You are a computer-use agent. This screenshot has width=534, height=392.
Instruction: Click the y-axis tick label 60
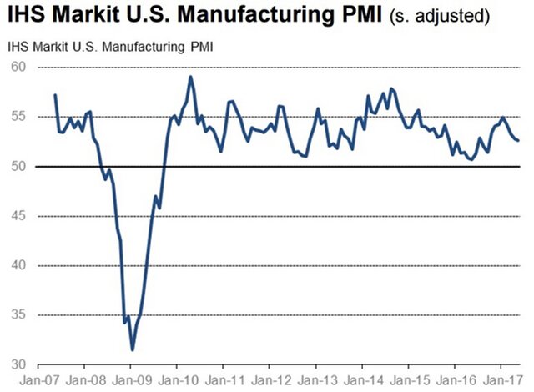click(18, 68)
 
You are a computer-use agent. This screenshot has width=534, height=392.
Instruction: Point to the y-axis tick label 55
click(18, 117)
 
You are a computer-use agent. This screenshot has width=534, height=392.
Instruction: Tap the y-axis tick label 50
click(18, 167)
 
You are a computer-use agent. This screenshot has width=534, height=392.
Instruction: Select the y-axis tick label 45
click(18, 216)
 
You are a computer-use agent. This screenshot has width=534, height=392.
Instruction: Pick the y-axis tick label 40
click(18, 265)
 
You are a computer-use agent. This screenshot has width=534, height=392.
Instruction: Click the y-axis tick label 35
click(18, 315)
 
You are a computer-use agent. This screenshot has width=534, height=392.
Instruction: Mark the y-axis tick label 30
click(18, 364)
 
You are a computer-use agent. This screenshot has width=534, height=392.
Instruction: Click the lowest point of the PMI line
click(132, 349)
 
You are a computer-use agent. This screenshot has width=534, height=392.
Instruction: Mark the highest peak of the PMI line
click(191, 77)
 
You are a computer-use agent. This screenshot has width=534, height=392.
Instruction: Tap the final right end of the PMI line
click(517, 140)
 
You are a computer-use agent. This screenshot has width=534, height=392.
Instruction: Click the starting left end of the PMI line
click(55, 95)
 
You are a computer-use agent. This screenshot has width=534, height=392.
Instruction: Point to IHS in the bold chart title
click(27, 17)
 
